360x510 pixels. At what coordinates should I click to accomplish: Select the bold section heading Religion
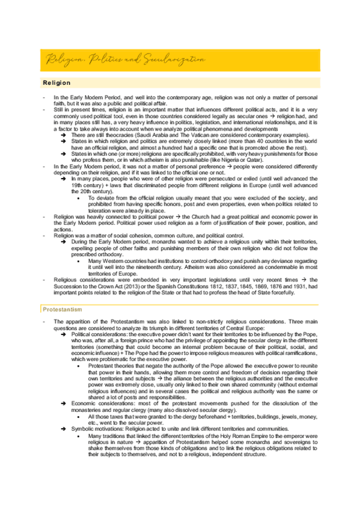pos(56,82)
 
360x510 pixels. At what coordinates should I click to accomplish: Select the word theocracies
pos(117,137)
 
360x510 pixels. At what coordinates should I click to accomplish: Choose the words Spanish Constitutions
pos(186,287)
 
